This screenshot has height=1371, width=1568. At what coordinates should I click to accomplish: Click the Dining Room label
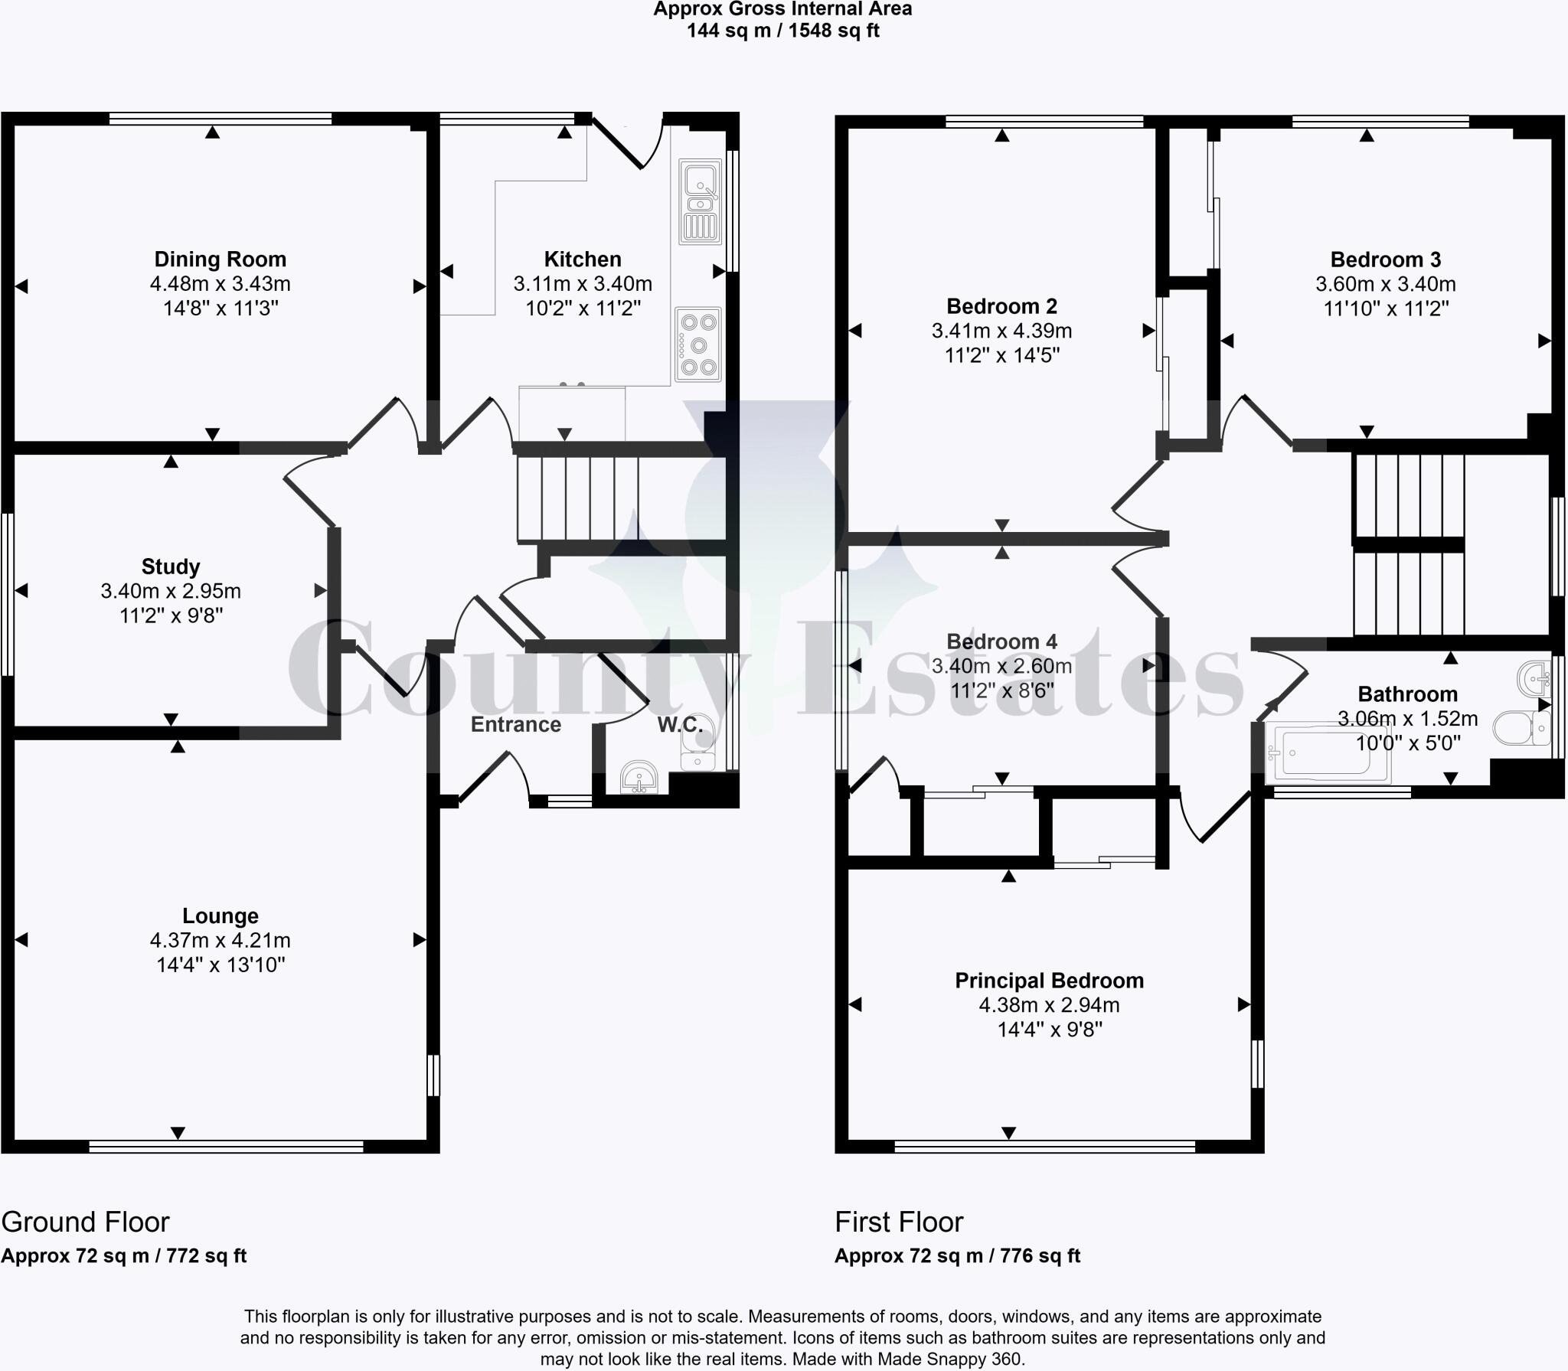(220, 259)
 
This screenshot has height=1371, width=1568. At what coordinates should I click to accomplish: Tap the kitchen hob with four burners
(697, 344)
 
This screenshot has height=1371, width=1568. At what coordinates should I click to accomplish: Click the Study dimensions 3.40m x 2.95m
(171, 591)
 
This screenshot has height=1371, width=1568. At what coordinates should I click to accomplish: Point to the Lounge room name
(220, 916)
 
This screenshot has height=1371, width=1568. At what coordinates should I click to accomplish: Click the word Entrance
(515, 724)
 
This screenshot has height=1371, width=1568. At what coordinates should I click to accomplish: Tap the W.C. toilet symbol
(700, 743)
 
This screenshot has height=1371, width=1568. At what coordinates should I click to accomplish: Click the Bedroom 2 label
(1001, 306)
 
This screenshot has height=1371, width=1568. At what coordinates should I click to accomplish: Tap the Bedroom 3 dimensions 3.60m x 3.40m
(1385, 284)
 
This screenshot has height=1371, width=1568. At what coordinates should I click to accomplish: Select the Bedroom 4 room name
(1001, 641)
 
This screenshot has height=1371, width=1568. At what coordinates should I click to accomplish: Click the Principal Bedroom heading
(1049, 981)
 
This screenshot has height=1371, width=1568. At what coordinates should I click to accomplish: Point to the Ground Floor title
(85, 1222)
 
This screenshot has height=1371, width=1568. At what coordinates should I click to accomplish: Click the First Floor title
(899, 1222)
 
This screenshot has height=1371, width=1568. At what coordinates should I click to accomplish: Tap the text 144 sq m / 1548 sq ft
(782, 31)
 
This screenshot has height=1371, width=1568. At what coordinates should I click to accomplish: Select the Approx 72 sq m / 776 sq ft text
(957, 1256)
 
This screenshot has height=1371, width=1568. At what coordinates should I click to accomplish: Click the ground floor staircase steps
(578, 498)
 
